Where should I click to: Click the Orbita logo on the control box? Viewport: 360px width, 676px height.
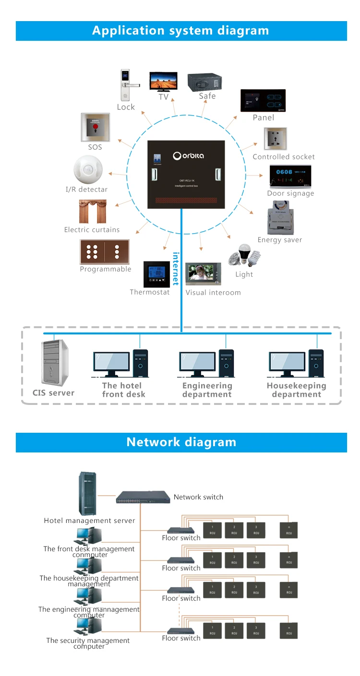pyautogui.click(x=189, y=155)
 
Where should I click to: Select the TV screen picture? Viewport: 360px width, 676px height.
pyautogui.click(x=163, y=81)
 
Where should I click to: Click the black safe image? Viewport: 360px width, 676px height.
pyautogui.click(x=205, y=81)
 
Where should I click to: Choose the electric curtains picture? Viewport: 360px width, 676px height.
pyautogui.click(x=93, y=211)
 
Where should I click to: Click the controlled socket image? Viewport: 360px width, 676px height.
pyautogui.click(x=275, y=139)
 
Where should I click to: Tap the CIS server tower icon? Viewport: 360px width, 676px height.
pyautogui.click(x=54, y=363)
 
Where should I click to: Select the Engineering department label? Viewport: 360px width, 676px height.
pyautogui.click(x=207, y=390)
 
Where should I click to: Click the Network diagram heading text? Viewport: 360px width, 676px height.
pyautogui.click(x=181, y=442)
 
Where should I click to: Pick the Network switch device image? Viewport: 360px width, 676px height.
pyautogui.click(x=143, y=497)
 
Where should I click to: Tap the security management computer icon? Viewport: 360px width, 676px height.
pyautogui.click(x=89, y=627)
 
